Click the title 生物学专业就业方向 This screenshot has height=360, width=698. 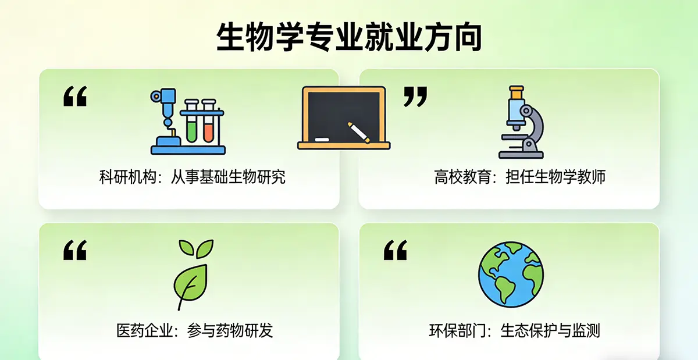[x=349, y=37]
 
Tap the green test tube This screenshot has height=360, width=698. [x=191, y=122]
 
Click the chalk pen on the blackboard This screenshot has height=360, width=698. [x=359, y=132]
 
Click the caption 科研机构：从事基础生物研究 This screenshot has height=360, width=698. [x=193, y=177]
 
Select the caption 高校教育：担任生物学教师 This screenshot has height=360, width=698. [x=519, y=177]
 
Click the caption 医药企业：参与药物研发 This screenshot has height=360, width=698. [x=194, y=331]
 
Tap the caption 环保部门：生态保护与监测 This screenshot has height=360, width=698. [x=514, y=331]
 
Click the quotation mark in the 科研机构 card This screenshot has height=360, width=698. [x=74, y=97]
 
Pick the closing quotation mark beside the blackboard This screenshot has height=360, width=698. [x=415, y=97]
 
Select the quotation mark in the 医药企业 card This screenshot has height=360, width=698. [x=74, y=251]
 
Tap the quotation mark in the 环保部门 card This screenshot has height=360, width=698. [x=395, y=251]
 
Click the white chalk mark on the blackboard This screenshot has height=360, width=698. [x=322, y=140]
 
